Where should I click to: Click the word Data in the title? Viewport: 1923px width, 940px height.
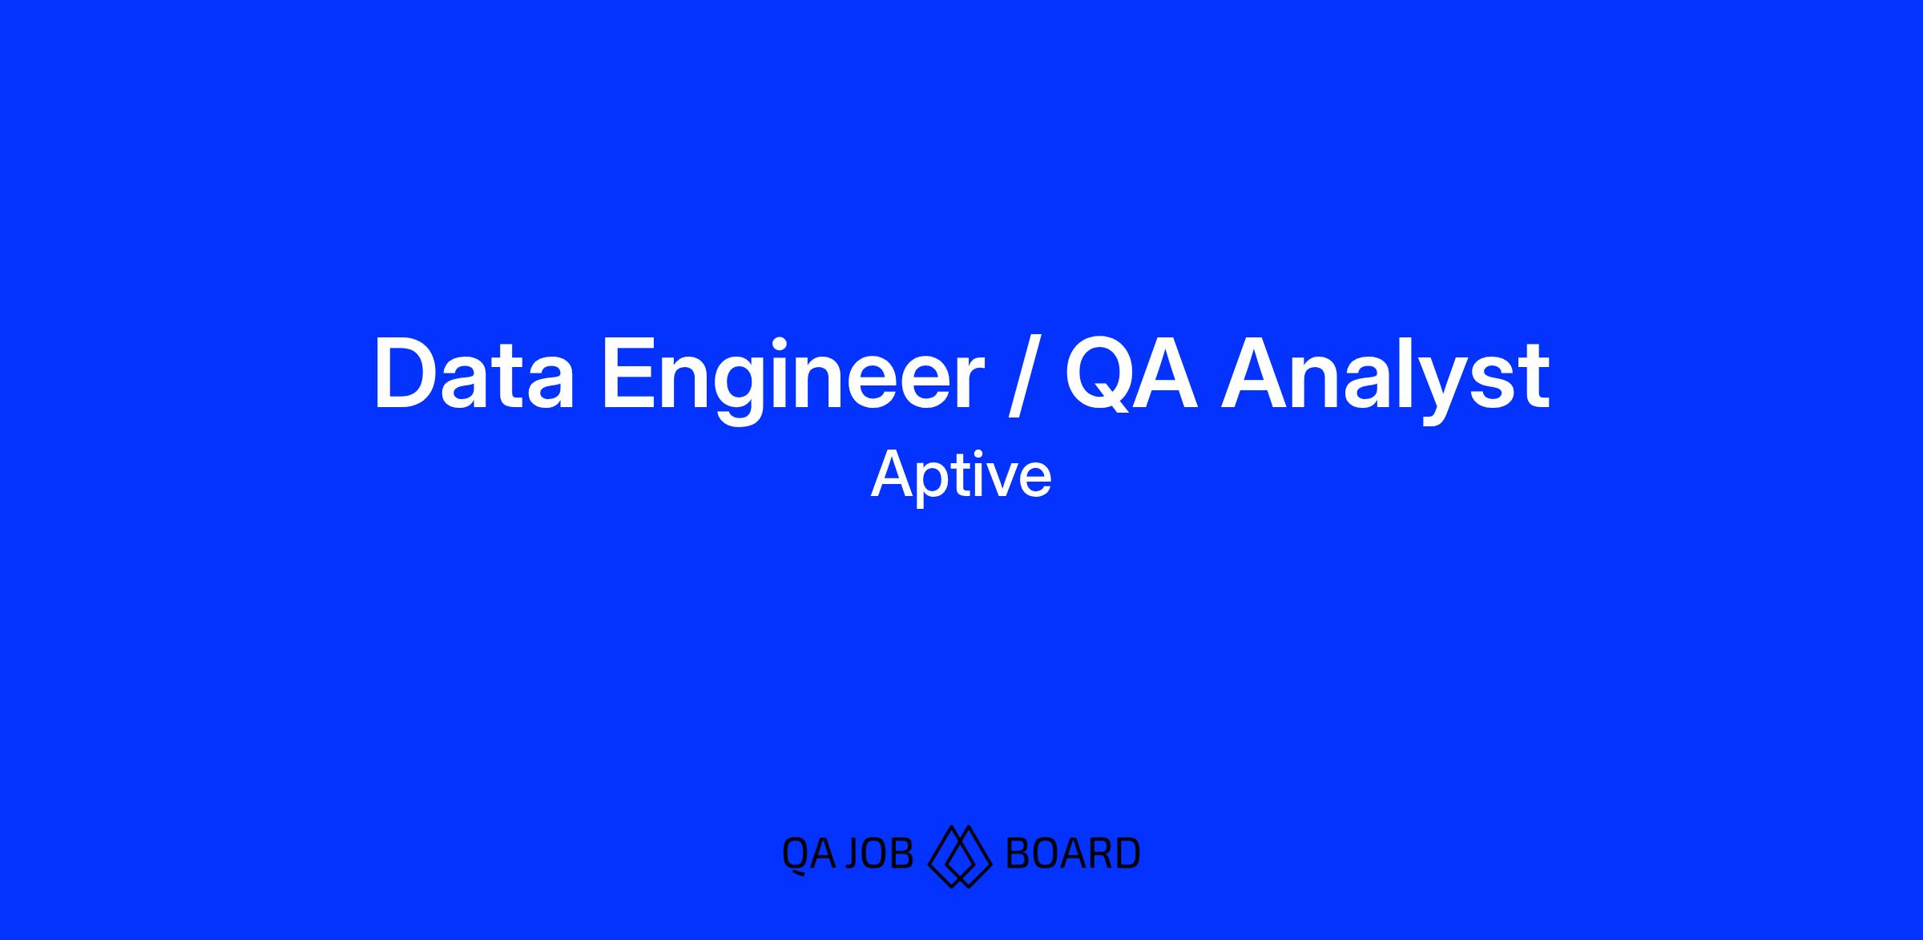474,376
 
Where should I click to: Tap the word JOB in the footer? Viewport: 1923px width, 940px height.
880,853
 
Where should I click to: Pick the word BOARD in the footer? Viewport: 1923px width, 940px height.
1072,853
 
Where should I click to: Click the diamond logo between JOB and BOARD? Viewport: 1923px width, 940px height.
959,857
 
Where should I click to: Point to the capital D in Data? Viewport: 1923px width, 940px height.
406,376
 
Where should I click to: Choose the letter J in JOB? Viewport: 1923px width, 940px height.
855,854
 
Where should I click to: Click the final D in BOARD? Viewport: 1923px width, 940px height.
1127,853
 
